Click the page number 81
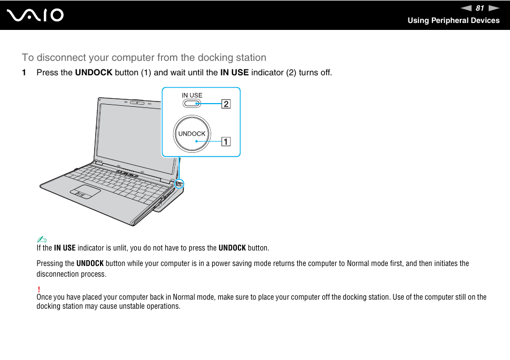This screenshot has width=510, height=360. coord(480,8)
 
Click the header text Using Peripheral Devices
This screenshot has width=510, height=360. coord(453,20)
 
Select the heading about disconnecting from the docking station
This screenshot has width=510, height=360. coord(144,57)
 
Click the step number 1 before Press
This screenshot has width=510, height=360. coord(24,73)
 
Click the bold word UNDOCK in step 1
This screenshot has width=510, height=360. coord(94,73)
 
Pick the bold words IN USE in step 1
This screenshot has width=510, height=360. coord(234,73)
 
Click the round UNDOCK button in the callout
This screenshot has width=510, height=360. coord(192,134)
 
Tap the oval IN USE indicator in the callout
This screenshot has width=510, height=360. coord(192,104)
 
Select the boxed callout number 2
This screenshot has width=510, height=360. coord(226,104)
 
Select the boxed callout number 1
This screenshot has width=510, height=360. coord(226,142)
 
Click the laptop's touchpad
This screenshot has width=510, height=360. coord(85,192)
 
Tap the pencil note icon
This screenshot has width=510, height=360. coord(40,239)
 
